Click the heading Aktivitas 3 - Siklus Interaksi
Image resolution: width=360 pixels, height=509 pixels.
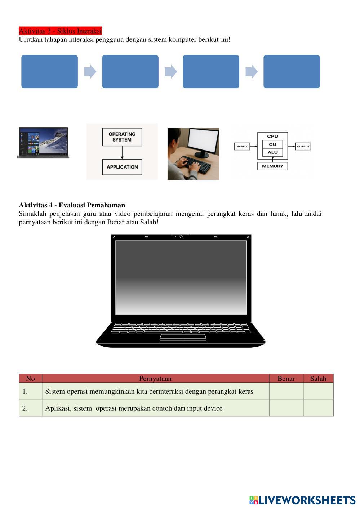[x=60, y=31]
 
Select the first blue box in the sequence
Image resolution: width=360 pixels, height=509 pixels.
[x=49, y=71]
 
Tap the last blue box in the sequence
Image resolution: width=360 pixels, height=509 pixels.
[x=292, y=71]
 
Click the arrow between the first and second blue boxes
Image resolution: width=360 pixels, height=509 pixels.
[x=90, y=71]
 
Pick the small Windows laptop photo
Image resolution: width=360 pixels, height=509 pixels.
[x=43, y=143]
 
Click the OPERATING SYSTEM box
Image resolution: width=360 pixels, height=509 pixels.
[x=122, y=137]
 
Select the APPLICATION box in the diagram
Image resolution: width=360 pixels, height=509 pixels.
[x=122, y=167]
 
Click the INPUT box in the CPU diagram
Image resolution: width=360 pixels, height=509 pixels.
[x=242, y=146]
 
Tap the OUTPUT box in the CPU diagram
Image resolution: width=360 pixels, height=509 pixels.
[x=303, y=146]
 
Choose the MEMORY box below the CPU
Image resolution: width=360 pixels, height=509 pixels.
[x=272, y=166]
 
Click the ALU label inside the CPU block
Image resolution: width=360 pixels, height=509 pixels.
[x=272, y=152]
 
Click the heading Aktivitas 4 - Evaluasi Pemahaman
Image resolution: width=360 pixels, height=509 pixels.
[x=72, y=205]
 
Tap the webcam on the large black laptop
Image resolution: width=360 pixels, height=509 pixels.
[x=181, y=237]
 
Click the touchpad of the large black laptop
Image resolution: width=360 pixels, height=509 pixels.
[x=183, y=337]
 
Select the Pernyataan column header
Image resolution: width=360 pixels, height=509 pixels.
[x=155, y=378]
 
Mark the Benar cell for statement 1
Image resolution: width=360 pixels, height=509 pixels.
[x=286, y=391]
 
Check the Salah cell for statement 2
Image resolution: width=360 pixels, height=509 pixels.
[x=318, y=408]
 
